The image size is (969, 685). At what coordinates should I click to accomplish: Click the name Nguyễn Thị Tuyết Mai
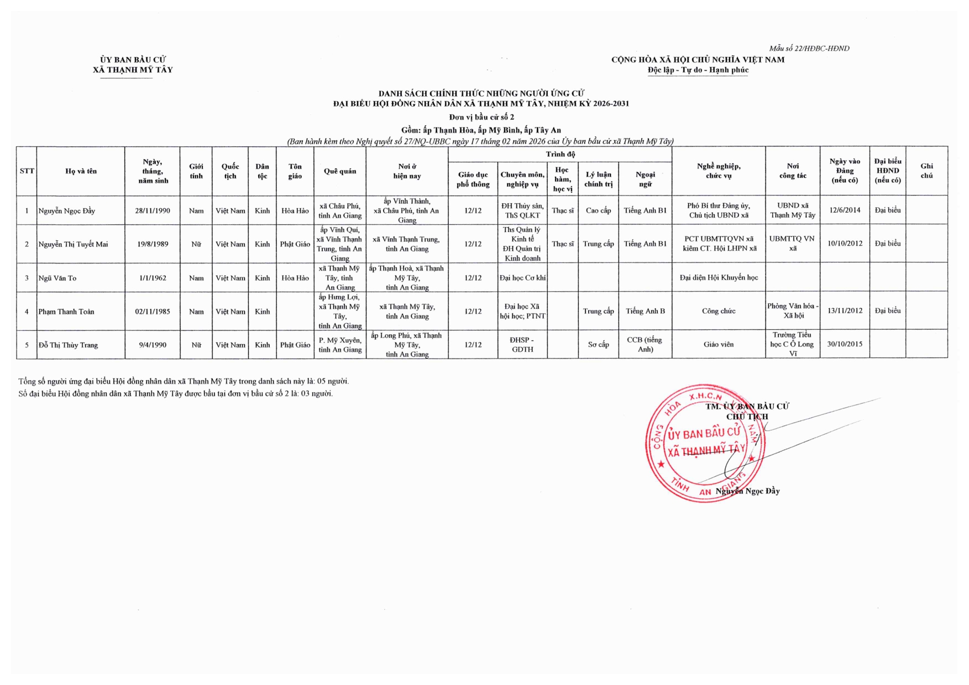[x=73, y=244]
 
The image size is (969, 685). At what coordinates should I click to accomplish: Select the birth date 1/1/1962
[x=153, y=278]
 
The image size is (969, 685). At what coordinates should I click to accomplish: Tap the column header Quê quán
[x=340, y=171]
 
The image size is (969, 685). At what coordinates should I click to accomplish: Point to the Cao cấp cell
[x=598, y=210]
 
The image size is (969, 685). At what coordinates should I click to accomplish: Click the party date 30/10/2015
[x=845, y=344]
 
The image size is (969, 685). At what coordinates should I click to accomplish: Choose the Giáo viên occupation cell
[x=719, y=344]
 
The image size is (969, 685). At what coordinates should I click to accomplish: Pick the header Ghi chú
[x=926, y=171]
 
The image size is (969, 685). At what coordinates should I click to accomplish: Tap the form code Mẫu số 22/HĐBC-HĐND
[x=809, y=49]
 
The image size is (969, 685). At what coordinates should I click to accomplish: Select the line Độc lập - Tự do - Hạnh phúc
[x=698, y=70]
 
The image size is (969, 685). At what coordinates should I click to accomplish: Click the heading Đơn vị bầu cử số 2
[x=481, y=117]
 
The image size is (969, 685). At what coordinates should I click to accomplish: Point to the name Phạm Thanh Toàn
[x=66, y=312]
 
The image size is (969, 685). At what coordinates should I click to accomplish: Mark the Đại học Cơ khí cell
[x=522, y=278]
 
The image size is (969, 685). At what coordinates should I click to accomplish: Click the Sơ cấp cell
[x=598, y=345]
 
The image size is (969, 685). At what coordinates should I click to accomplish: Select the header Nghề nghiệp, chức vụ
[x=719, y=171]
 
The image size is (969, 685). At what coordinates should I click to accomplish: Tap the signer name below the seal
[x=747, y=491]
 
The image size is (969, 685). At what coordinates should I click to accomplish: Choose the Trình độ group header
[x=560, y=154]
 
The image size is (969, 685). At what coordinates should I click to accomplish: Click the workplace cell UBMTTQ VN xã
[x=792, y=244]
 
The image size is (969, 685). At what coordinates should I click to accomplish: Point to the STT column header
[x=27, y=171]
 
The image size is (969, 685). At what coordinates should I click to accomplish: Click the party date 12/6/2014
[x=845, y=210]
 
